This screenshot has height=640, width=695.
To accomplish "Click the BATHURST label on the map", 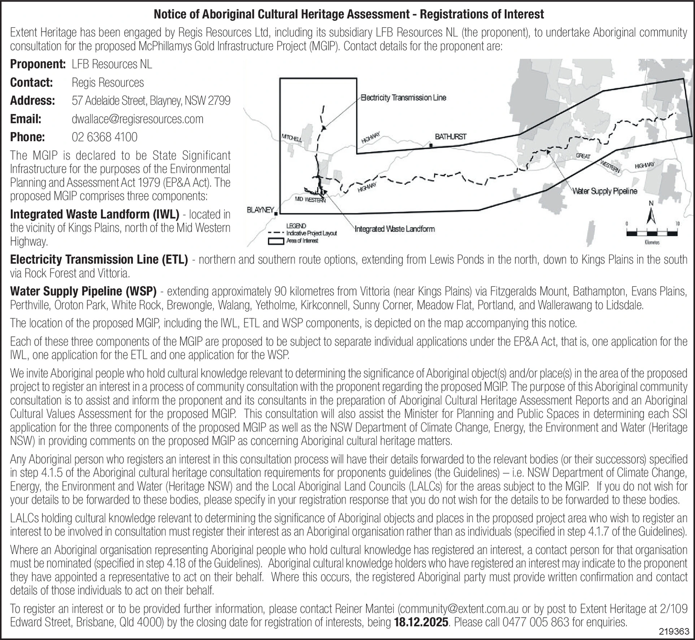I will [x=450, y=136].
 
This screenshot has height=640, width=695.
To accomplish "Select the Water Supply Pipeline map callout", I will [x=605, y=191].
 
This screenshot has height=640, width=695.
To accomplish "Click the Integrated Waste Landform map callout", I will [x=394, y=229].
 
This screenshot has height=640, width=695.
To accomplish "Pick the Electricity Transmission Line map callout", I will [x=403, y=98].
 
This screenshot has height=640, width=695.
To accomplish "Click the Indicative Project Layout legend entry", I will [x=311, y=233].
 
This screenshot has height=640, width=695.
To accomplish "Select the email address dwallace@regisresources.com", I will [x=137, y=119].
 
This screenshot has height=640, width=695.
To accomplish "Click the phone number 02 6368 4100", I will [x=104, y=137].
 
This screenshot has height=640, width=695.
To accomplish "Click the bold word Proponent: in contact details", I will [x=38, y=64].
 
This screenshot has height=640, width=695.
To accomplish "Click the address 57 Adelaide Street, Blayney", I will [x=151, y=101].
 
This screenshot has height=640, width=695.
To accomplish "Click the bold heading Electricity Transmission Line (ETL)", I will [x=99, y=260].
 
